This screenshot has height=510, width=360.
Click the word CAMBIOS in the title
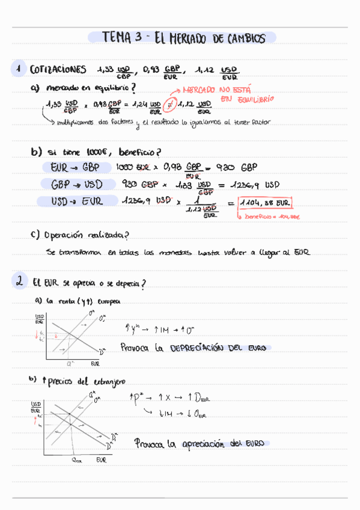[245, 39]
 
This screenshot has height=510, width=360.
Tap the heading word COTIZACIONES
[58, 70]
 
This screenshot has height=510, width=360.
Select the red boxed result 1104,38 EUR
[265, 203]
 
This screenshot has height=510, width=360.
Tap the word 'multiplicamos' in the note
[76, 122]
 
